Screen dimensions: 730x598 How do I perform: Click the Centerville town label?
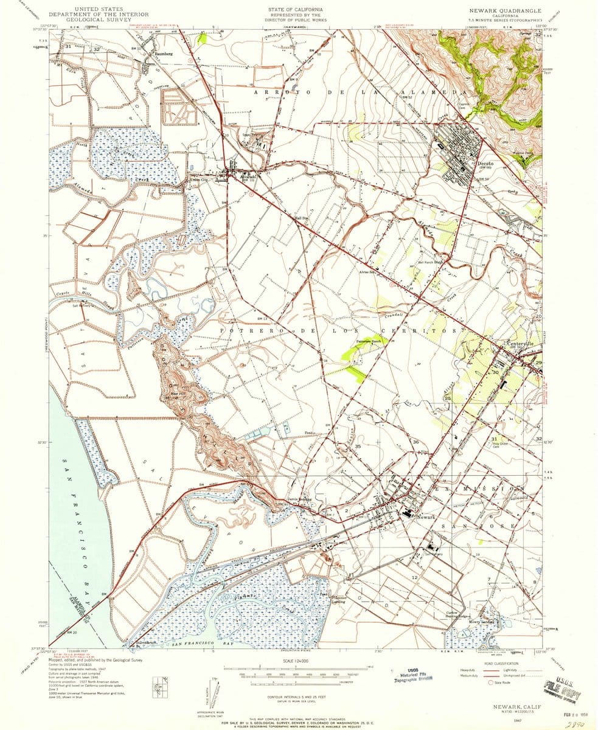point(524,344)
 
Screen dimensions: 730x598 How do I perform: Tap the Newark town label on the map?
point(428,516)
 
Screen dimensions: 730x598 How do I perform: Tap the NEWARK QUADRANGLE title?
point(504,11)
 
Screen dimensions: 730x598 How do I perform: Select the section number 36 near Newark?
point(416,442)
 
